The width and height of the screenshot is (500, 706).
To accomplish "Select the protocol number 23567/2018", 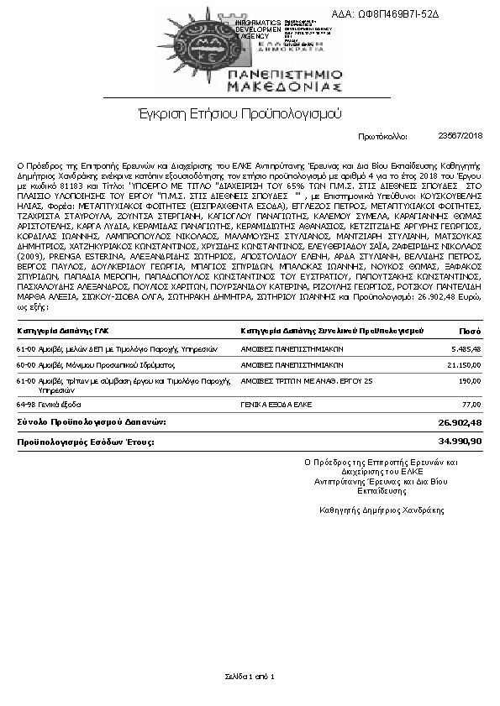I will coord(461,135).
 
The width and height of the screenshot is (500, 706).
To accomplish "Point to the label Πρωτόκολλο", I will coord(382,135).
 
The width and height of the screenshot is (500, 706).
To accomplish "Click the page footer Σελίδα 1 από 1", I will coord(250,676).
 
